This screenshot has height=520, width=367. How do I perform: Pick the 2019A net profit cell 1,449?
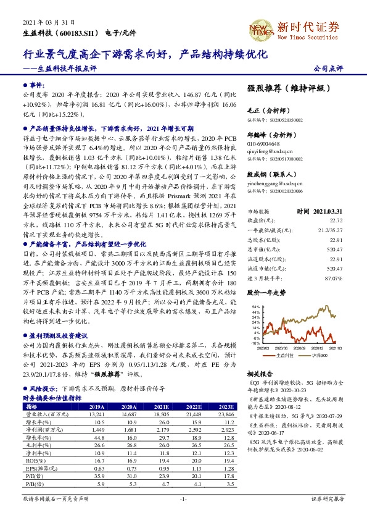(x=96, y=429)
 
